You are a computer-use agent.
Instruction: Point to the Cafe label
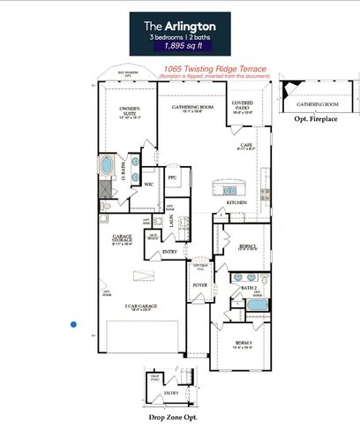click(x=247, y=146)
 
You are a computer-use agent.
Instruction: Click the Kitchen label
click(x=236, y=202)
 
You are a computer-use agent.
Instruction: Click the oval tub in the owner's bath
click(x=108, y=166)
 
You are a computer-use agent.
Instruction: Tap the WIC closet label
click(x=150, y=184)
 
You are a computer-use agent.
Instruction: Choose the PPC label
click(x=173, y=178)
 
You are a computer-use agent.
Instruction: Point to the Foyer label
click(x=199, y=285)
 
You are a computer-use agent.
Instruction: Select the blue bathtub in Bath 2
click(x=257, y=305)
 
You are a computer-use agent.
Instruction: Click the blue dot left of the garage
click(x=74, y=324)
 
